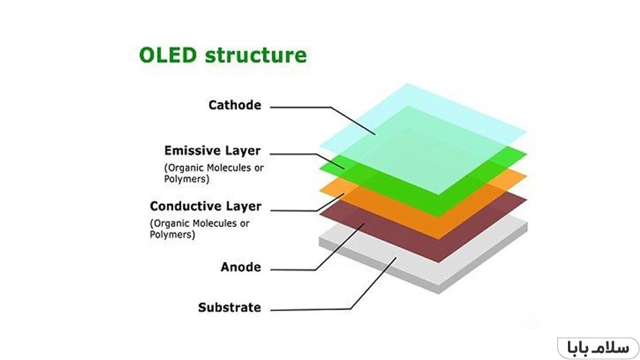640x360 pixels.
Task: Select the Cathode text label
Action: (x=234, y=105)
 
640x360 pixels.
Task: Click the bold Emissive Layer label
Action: (x=213, y=150)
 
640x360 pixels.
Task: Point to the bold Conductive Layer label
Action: (x=206, y=206)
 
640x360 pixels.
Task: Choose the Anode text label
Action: (x=240, y=267)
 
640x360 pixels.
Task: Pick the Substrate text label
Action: (x=229, y=308)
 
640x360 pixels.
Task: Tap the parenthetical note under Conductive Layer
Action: (x=199, y=229)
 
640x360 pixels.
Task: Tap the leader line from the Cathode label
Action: (x=298, y=107)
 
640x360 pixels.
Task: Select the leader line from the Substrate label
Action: (x=311, y=308)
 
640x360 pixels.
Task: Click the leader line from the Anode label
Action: (x=292, y=269)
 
